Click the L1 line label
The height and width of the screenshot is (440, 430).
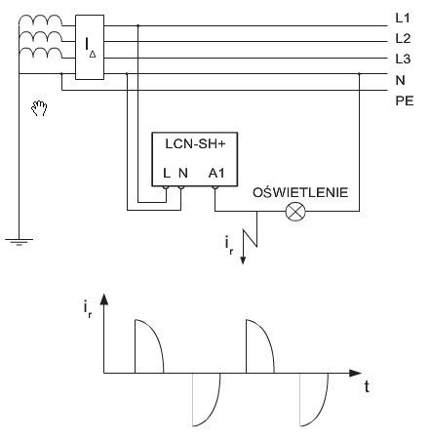[403, 18]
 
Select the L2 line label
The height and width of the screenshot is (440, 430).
[403, 39]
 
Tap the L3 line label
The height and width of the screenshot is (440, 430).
[403, 59]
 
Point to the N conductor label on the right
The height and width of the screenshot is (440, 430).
[400, 80]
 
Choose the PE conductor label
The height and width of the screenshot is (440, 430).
[405, 100]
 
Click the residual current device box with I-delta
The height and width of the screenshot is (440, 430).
[90, 47]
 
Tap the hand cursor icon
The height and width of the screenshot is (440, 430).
[39, 108]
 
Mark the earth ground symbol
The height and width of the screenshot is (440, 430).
[19, 242]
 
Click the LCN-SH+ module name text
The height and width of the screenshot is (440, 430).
[195, 143]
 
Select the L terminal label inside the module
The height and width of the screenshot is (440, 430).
[167, 173]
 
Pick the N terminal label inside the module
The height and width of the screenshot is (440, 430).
[183, 173]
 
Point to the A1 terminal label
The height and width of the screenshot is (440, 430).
[216, 173]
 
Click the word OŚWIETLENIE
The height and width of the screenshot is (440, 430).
[300, 192]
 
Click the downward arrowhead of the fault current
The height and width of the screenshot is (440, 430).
[243, 260]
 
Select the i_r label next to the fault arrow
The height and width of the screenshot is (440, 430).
[229, 246]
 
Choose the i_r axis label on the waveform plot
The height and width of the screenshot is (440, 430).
[88, 309]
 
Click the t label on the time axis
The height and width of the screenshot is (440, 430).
[367, 387]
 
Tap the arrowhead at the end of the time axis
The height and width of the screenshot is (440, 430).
[355, 373]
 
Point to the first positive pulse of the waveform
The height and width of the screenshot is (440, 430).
[149, 346]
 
